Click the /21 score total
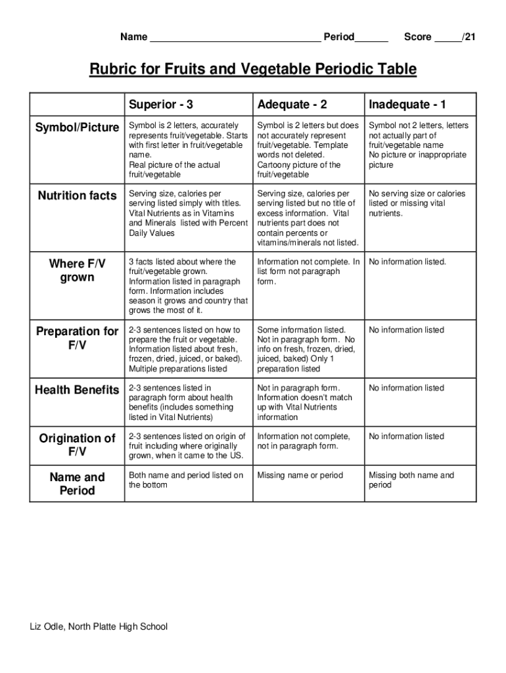tap(468, 37)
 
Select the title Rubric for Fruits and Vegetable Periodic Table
tap(253, 70)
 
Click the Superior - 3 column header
tap(161, 104)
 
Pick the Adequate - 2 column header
tap(292, 104)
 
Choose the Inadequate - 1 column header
tap(407, 104)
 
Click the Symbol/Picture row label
tap(77, 127)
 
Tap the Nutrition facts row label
tap(77, 195)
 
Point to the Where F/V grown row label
tap(77, 270)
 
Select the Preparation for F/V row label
tap(77, 338)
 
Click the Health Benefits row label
tap(77, 390)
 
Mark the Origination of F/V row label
tap(77, 445)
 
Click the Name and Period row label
tap(77, 484)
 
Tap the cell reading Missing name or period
tap(300, 475)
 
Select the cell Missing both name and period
tap(411, 480)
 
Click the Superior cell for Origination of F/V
tap(187, 446)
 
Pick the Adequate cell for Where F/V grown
tap(308, 271)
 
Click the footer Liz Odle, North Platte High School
tap(99, 626)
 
